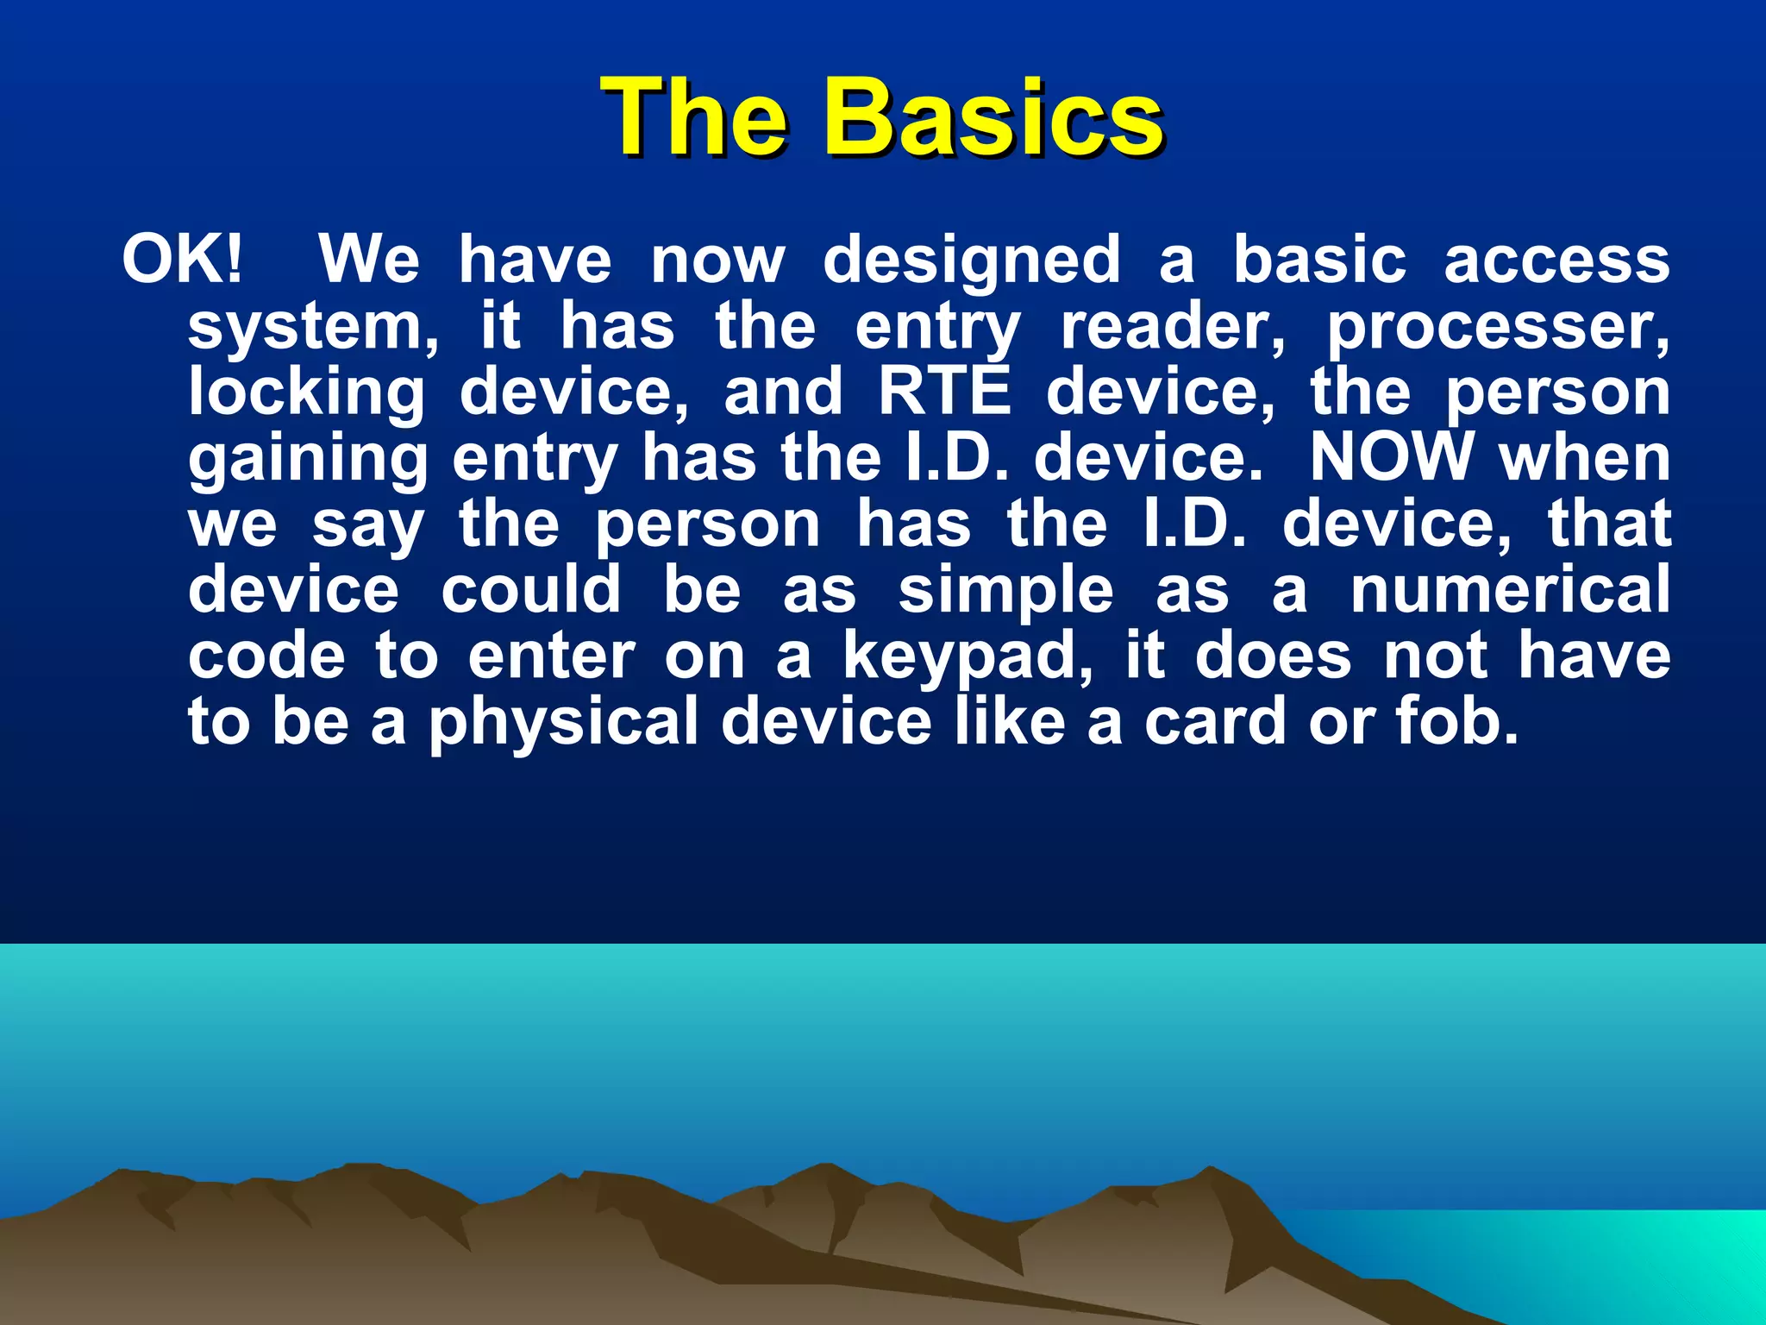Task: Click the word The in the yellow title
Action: click(x=695, y=117)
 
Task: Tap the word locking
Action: click(x=307, y=393)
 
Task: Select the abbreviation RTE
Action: click(x=944, y=392)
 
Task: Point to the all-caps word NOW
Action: click(x=1392, y=457)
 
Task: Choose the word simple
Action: click(x=1005, y=592)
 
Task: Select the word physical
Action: click(x=564, y=723)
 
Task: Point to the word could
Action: click(x=530, y=590)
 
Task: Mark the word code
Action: click(x=267, y=657)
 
